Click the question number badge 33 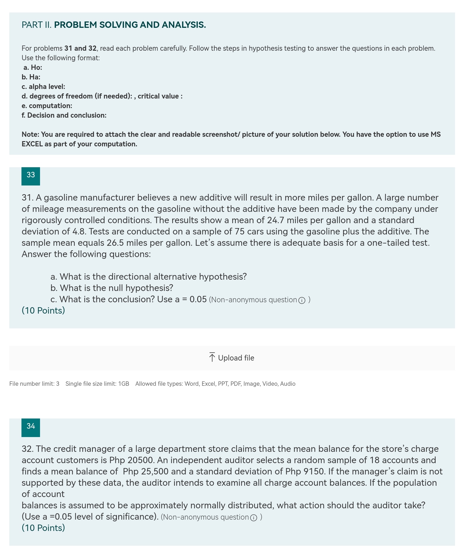click(x=31, y=176)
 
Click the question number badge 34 click(x=31, y=427)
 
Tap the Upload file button click(x=232, y=358)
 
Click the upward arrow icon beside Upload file click(x=212, y=357)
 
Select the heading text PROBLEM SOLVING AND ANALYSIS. click(x=130, y=25)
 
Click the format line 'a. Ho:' click(x=32, y=68)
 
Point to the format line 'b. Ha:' click(x=31, y=77)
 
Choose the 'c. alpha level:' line click(x=43, y=87)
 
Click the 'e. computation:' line click(x=47, y=106)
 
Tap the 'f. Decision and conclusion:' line click(x=64, y=115)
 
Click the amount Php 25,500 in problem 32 click(x=146, y=472)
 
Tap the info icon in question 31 click(x=302, y=301)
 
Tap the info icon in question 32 click(x=253, y=518)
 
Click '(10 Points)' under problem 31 click(x=43, y=311)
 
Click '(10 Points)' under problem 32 click(x=43, y=528)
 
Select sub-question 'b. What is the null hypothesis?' click(x=112, y=288)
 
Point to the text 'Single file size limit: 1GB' click(x=97, y=384)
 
